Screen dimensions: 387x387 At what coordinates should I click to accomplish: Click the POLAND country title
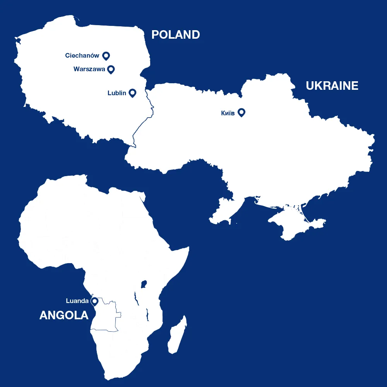coord(175,34)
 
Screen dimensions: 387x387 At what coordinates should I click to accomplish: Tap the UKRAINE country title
coord(332,86)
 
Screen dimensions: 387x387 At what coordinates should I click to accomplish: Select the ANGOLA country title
coord(64,315)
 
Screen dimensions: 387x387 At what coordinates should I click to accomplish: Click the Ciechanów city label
coord(82,56)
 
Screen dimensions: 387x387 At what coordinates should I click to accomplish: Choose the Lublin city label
coord(116,93)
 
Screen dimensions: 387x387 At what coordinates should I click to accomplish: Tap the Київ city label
coord(228,113)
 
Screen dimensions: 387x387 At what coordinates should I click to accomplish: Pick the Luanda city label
coord(77,301)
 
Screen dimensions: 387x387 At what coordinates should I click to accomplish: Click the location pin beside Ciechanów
coord(106,56)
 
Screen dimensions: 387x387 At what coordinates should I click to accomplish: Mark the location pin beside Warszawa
coord(111,69)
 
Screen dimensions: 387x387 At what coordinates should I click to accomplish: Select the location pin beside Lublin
coord(132,92)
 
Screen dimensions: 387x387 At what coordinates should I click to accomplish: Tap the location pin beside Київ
coord(241,112)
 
